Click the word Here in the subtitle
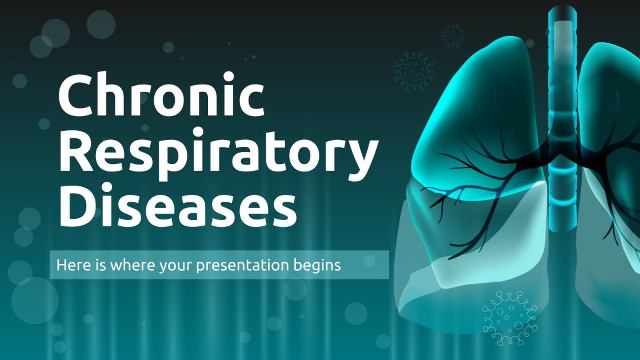click(68, 265)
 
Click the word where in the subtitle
click(121, 265)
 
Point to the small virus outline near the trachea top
click(453, 35)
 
